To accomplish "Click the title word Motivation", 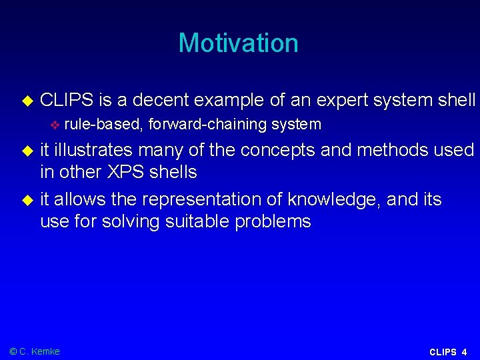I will pyautogui.click(x=238, y=43).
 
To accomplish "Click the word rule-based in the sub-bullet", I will pyautogui.click(x=103, y=124).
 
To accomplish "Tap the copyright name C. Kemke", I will pyautogui.click(x=39, y=351).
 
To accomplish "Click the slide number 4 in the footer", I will pyautogui.click(x=464, y=352).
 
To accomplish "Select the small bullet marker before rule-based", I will pyautogui.click(x=55, y=125).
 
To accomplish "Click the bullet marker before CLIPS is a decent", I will pyautogui.click(x=27, y=101).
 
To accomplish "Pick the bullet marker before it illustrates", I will pyautogui.click(x=27, y=151).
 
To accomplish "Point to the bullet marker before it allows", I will pyautogui.click(x=27, y=200).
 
